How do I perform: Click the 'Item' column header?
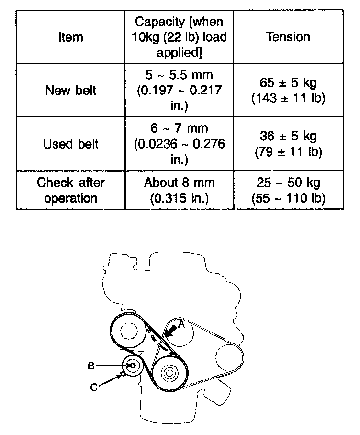click(70, 37)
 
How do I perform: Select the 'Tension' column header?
click(288, 37)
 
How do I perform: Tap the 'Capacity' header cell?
click(180, 37)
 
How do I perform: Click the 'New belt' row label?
click(70, 90)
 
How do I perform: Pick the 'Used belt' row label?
click(70, 144)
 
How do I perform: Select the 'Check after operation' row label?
click(70, 190)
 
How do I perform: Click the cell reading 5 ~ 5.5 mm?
click(180, 90)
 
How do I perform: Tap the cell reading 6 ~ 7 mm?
click(180, 144)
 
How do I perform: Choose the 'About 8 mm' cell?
click(180, 190)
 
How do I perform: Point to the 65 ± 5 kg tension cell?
click(288, 90)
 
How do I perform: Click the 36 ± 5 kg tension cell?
click(288, 144)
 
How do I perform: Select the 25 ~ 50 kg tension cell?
click(288, 190)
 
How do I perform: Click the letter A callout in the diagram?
click(180, 324)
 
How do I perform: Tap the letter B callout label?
click(91, 366)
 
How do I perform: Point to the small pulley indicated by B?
click(133, 366)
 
